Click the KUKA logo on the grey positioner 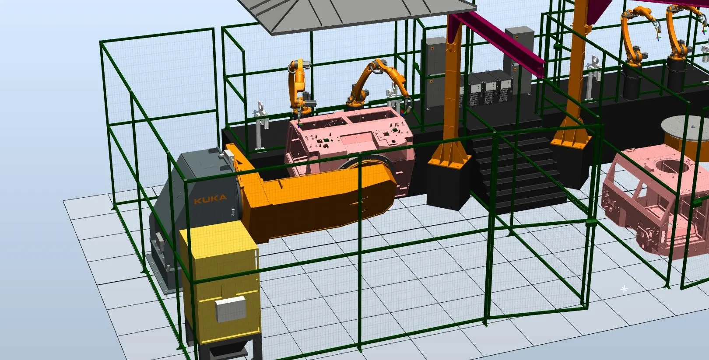click(211, 199)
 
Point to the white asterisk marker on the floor click(624, 289)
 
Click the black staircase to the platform click(519, 171)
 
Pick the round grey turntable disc click(685, 128)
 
